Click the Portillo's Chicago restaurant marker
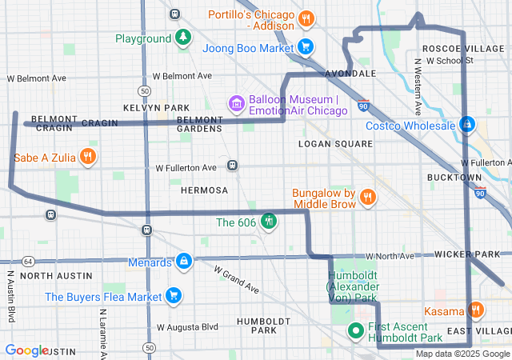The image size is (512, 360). [305, 18]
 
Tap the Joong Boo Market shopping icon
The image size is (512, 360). [305, 47]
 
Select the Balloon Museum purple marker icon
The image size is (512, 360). [236, 103]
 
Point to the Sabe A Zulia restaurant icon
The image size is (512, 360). [89, 157]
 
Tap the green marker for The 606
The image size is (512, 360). [269, 221]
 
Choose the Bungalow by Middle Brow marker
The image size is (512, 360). [368, 196]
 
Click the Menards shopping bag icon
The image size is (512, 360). [184, 262]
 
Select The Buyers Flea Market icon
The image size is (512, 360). [174, 296]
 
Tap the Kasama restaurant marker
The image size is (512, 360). [476, 310]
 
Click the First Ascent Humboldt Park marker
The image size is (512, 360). [357, 330]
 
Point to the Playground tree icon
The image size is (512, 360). [184, 38]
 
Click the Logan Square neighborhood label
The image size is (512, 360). [335, 144]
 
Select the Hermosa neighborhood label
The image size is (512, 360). [204, 190]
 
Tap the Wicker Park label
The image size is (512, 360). [467, 254]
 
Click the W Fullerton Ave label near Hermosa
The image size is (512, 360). [186, 168]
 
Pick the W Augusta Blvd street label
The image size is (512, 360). [187, 327]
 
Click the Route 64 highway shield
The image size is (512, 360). [29, 262]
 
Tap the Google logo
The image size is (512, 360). [26, 350]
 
